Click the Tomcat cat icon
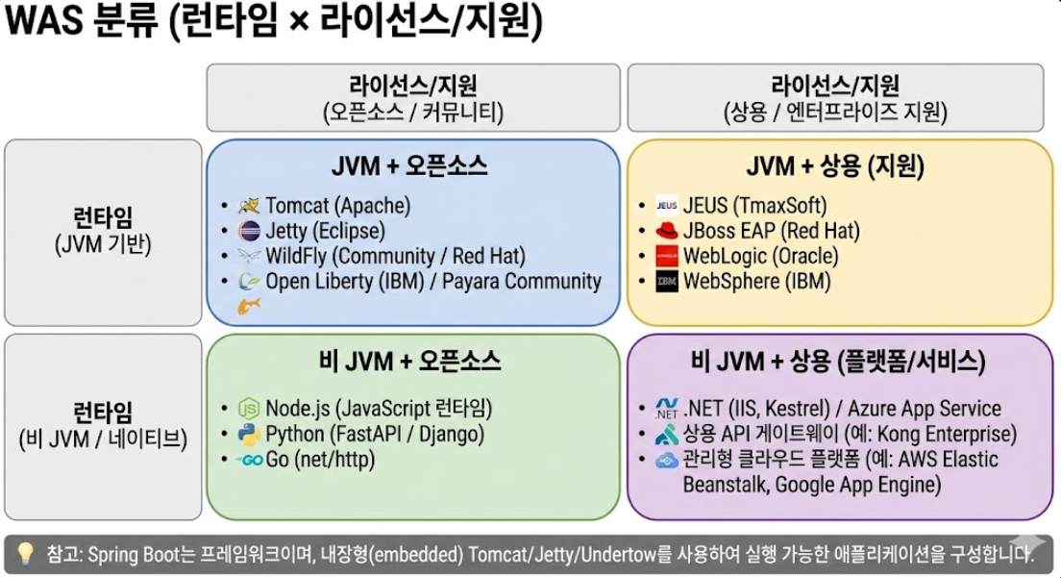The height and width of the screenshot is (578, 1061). (x=249, y=205)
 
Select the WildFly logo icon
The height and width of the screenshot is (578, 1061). (x=249, y=257)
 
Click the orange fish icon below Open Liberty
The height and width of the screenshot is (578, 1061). (x=249, y=307)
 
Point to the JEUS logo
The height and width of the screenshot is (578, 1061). (x=666, y=205)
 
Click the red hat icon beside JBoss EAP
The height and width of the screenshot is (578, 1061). (x=666, y=231)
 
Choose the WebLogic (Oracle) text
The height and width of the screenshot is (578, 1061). (x=760, y=257)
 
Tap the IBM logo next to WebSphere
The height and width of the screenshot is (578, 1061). (x=666, y=282)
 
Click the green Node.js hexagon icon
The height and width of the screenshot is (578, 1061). (x=249, y=408)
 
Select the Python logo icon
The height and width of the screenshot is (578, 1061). (x=249, y=434)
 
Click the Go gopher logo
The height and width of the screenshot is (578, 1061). (x=250, y=460)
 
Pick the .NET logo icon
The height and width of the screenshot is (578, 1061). (x=666, y=408)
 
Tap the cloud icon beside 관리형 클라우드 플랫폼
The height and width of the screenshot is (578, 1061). (x=666, y=460)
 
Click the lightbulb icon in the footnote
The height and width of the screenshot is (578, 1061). (x=26, y=553)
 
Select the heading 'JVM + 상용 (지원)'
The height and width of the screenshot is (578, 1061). (x=834, y=166)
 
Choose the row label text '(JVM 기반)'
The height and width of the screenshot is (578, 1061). (x=103, y=244)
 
